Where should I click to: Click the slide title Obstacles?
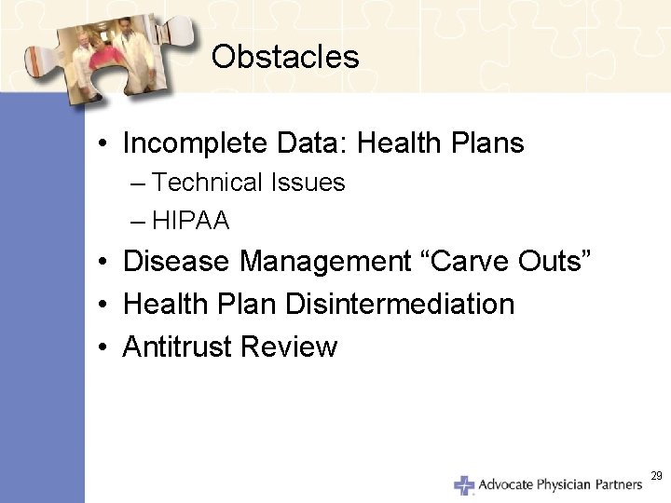284,58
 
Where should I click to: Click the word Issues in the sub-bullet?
308,184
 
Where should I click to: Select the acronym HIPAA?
191,222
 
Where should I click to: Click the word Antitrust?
177,347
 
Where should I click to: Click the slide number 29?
656,476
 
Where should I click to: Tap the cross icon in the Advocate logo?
463,485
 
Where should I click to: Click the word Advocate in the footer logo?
505,485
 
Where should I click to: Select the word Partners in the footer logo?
616,485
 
